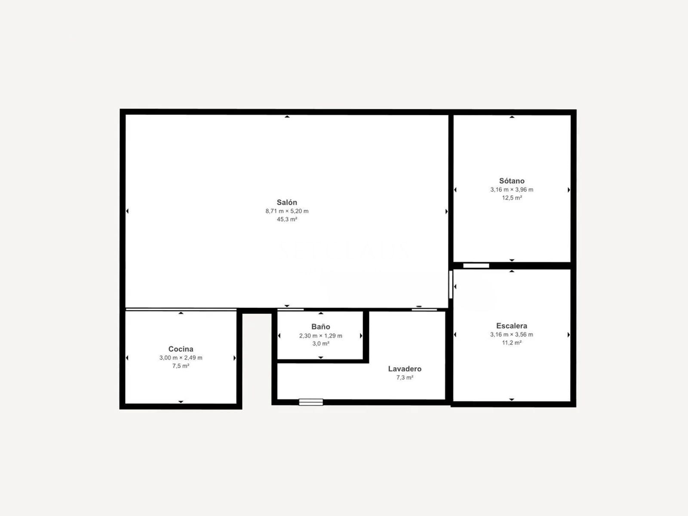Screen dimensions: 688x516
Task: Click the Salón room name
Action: [287, 203]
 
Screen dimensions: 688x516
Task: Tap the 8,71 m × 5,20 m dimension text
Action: [287, 211]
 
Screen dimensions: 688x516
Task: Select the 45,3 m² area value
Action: [287, 219]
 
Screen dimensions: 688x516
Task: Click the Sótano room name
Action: [512, 181]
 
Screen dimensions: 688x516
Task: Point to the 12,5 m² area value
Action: [512, 198]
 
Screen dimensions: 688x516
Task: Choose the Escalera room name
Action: [512, 326]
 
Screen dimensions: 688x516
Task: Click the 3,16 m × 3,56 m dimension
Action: [512, 335]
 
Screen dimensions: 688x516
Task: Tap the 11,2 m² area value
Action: [512, 343]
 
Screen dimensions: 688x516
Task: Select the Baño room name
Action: [321, 327]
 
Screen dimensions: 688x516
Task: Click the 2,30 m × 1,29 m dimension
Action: [321, 336]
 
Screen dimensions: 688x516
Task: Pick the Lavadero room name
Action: [405, 369]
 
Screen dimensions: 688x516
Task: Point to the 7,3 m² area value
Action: [405, 378]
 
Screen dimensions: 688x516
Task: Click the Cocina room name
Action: [181, 349]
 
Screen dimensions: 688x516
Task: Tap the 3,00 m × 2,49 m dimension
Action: [181, 358]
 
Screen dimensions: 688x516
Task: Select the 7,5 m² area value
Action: [181, 366]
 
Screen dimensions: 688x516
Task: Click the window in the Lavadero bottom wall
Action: [310, 402]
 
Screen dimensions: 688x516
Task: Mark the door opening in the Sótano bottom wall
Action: [476, 266]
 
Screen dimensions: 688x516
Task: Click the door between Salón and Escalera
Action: [451, 285]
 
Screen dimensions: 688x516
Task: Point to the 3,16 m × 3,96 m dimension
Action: [512, 190]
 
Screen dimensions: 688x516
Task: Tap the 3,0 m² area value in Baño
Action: [321, 344]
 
